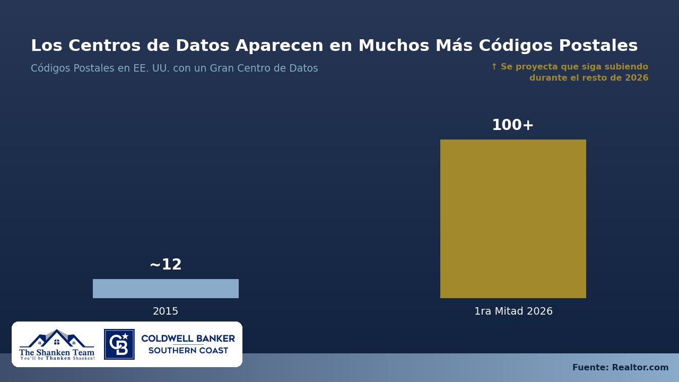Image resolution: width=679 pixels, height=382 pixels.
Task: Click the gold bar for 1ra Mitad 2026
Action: (x=513, y=219)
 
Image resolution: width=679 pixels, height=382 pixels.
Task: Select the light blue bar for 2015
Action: (x=166, y=288)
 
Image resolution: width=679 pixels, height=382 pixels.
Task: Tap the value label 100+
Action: (x=512, y=125)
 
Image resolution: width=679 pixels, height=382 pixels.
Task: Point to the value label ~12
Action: (x=166, y=264)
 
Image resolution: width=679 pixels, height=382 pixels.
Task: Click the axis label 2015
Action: (x=166, y=311)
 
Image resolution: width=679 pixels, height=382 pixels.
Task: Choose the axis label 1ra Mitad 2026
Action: (x=513, y=311)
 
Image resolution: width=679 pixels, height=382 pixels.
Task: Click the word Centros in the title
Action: (x=105, y=46)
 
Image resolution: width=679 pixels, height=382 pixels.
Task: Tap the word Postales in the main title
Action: (x=598, y=46)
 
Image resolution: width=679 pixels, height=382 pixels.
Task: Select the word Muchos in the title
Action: (x=394, y=46)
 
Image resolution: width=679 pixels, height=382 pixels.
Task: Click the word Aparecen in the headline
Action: (x=279, y=46)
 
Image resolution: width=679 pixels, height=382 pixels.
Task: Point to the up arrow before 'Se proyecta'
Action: (x=494, y=66)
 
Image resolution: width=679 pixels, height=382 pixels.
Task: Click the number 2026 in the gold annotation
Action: (x=637, y=77)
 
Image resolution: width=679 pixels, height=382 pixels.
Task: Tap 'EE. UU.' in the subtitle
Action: (x=152, y=68)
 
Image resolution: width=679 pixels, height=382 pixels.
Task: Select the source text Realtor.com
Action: (x=640, y=367)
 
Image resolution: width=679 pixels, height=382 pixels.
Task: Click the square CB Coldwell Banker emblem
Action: (x=119, y=344)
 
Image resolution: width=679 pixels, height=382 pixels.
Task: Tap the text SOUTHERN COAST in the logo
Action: (x=188, y=351)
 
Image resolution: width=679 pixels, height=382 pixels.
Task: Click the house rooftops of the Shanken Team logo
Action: (x=57, y=338)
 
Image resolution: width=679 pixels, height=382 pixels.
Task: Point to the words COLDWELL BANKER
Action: (x=188, y=338)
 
